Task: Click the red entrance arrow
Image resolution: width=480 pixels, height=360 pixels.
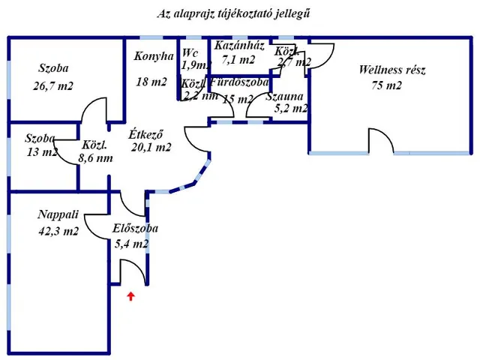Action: click(x=131, y=296)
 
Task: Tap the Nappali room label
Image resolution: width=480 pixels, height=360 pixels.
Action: click(x=58, y=215)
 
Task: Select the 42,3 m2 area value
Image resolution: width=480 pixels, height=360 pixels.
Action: click(x=58, y=232)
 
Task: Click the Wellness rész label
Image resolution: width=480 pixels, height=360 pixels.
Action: click(x=391, y=70)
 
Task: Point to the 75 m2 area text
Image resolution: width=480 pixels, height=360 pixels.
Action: click(x=386, y=85)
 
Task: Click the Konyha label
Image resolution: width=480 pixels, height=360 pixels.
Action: click(x=154, y=56)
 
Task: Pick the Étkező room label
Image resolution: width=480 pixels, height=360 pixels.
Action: click(x=147, y=134)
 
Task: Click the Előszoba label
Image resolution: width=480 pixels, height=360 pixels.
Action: click(x=135, y=229)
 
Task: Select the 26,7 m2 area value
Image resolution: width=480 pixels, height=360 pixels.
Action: click(x=53, y=85)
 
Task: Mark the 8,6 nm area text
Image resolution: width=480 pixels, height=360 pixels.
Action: click(x=95, y=159)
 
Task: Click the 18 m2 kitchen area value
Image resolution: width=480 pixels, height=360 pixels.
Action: click(x=151, y=82)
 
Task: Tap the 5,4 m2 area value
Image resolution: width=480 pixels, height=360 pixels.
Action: click(x=131, y=244)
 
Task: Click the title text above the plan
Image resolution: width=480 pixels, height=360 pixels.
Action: click(x=234, y=13)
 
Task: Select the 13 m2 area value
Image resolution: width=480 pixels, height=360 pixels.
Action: click(x=41, y=152)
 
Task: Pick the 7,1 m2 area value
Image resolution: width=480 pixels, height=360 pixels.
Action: click(x=238, y=59)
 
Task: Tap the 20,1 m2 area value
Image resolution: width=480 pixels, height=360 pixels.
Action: click(x=151, y=148)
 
